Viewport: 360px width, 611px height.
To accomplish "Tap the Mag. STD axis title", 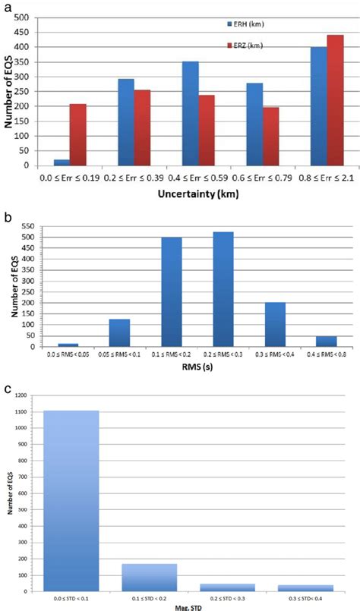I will [187, 605].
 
